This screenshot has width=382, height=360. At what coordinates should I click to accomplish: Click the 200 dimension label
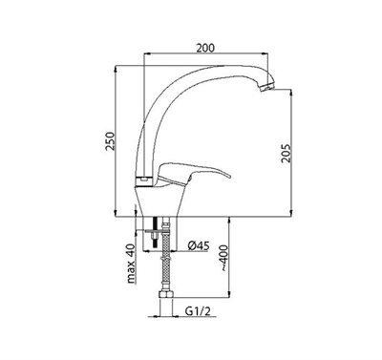click(x=205, y=48)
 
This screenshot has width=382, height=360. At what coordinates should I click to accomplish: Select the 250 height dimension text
click(x=109, y=140)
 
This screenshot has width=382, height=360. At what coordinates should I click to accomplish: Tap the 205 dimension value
click(x=286, y=154)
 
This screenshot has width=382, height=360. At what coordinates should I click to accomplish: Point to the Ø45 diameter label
click(x=199, y=245)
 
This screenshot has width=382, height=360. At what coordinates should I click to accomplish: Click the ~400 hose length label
click(x=224, y=258)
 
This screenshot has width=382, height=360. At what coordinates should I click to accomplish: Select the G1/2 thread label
click(x=198, y=311)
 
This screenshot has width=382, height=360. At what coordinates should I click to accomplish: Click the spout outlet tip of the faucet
click(x=266, y=87)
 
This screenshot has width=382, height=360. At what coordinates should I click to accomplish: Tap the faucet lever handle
click(x=193, y=174)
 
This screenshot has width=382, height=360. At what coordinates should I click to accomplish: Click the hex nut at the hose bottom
click(x=165, y=294)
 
